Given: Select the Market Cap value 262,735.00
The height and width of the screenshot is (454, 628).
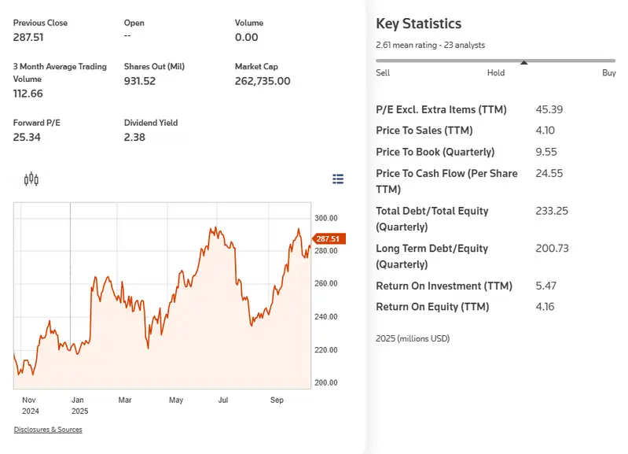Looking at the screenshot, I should click(263, 81).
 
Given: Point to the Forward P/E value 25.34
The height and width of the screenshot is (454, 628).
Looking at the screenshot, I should click(27, 138).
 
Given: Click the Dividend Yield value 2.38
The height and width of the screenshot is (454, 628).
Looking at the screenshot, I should click(135, 138).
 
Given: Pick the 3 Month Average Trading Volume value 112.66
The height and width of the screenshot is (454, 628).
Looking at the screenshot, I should click(28, 94).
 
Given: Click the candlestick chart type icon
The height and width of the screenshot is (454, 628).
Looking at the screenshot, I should click(31, 179).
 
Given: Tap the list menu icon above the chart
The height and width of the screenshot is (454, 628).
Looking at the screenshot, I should click(338, 179).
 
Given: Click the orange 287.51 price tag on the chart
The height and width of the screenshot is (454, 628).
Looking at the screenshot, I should click(327, 238).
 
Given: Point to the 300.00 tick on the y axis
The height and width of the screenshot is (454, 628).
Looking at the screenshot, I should click(326, 218).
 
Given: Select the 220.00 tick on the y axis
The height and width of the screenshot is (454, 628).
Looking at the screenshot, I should click(326, 349).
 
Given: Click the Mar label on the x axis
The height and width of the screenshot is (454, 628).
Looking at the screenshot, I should click(125, 400).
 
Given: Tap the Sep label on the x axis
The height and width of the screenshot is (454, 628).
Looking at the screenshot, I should click(277, 400).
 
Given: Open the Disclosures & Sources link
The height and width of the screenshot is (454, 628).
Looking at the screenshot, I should click(48, 430).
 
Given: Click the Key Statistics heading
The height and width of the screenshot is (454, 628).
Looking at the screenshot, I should click(419, 24).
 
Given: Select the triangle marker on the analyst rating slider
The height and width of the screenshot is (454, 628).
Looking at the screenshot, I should click(524, 63).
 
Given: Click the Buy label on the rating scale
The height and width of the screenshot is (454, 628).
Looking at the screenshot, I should click(608, 72).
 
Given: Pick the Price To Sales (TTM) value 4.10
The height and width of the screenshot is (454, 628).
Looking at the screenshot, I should click(545, 131).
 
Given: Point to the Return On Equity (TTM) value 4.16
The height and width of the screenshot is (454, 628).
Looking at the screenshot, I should click(545, 307).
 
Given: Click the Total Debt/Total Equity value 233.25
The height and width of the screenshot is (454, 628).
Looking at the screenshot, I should click(551, 211).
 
